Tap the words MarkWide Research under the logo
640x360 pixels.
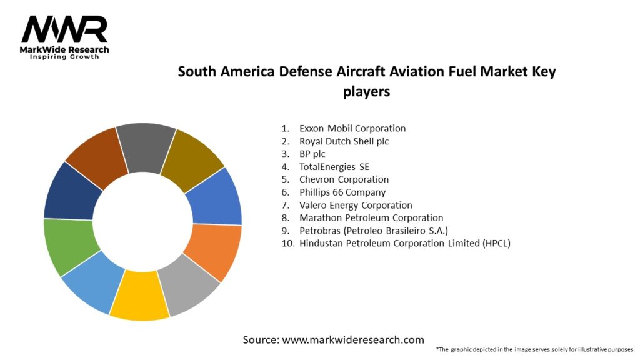point(64,49)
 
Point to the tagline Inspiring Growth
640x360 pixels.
point(64,57)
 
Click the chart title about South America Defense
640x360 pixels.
point(367,81)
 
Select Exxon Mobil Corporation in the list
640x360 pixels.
point(352,128)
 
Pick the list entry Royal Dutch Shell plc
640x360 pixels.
point(344,141)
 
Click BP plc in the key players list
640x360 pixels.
point(312,154)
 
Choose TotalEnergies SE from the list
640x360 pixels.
point(334,167)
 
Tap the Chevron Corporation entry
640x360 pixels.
point(344,179)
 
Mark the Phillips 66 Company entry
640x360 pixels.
point(342,192)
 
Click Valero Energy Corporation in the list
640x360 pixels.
point(356,205)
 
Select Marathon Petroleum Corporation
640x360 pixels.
point(371,218)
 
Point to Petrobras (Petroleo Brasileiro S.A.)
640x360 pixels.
point(373,231)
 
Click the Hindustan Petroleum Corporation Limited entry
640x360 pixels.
point(404,244)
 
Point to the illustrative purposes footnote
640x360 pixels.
point(534,349)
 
